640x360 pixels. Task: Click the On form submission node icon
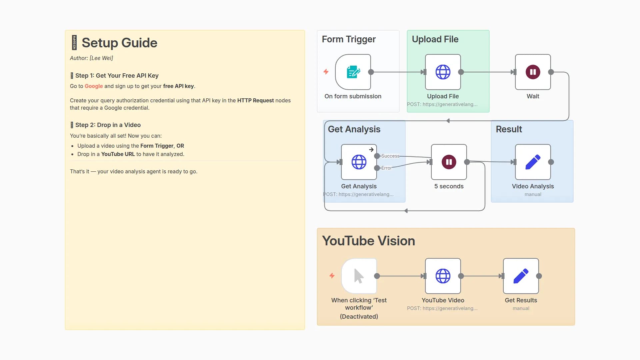353,72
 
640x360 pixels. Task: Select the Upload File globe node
443,72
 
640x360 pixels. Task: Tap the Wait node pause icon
533,72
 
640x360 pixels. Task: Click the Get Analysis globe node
359,162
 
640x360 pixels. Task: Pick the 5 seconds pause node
449,162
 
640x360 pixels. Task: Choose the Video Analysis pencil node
533,162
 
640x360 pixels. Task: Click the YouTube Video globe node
443,276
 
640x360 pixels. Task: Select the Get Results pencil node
521,276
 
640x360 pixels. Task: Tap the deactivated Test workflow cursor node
359,276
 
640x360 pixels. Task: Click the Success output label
390,156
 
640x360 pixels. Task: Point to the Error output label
387,168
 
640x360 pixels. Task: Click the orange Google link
94,86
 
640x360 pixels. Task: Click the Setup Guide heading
119,43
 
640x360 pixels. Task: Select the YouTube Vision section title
368,241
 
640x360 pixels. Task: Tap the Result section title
509,129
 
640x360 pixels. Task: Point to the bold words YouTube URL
118,154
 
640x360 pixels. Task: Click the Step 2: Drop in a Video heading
108,125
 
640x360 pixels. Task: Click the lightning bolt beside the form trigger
326,72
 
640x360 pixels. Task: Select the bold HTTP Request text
255,100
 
